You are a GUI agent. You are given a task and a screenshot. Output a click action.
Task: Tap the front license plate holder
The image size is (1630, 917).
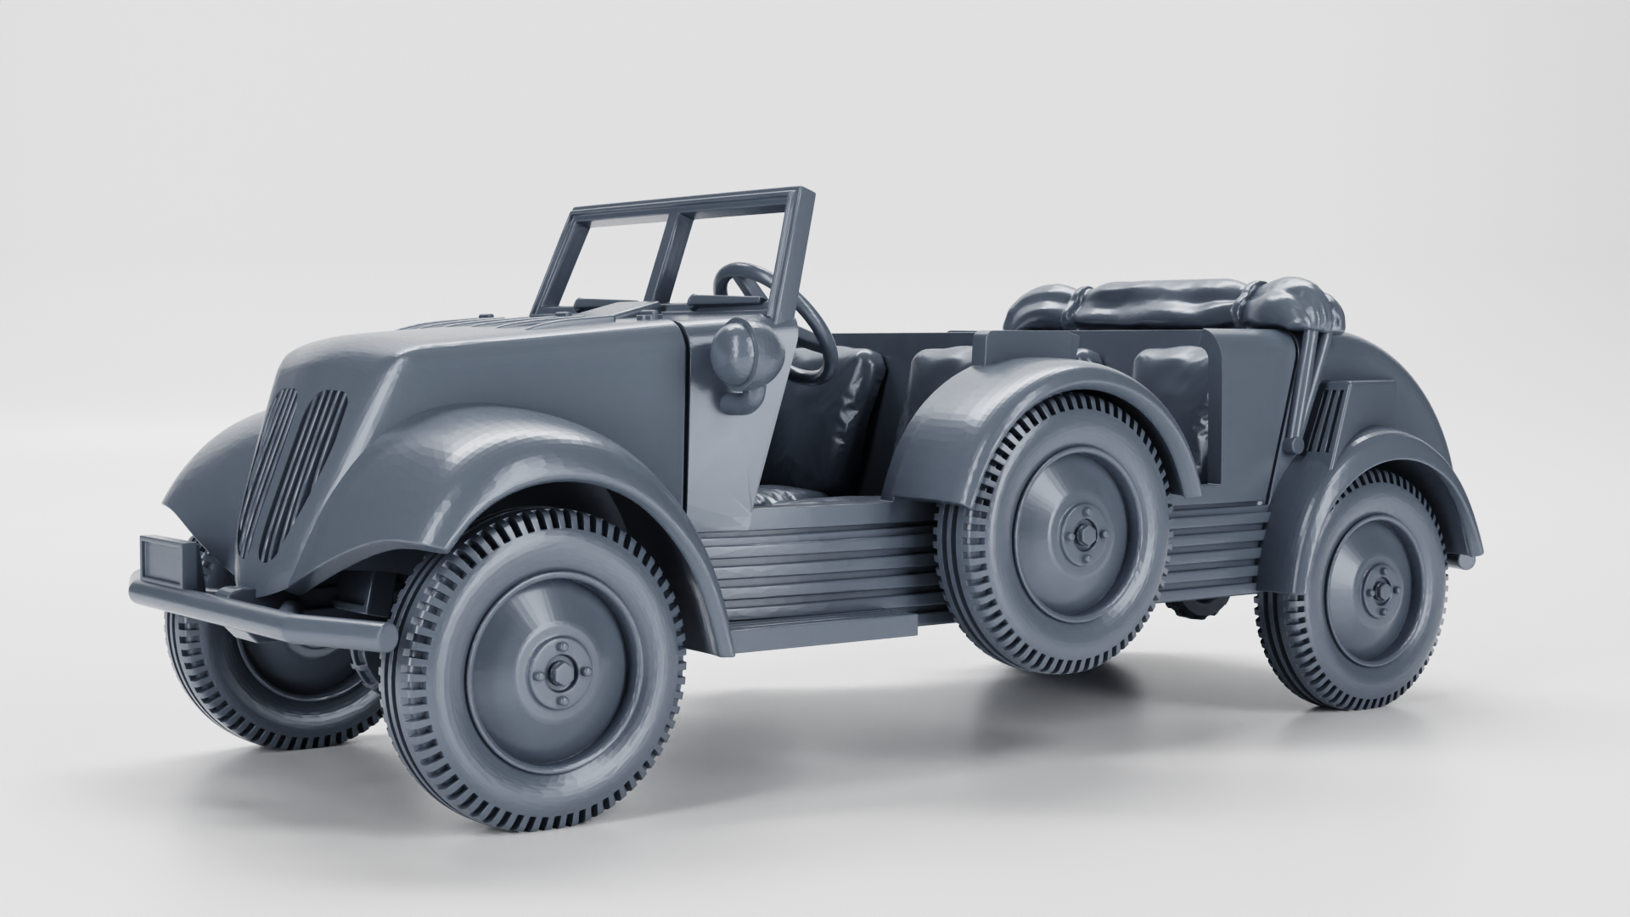click(x=167, y=558)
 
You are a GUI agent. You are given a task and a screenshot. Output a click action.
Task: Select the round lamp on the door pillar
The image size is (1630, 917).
click(x=733, y=351)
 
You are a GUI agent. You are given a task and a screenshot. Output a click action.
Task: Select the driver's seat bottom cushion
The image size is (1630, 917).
click(x=790, y=498)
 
